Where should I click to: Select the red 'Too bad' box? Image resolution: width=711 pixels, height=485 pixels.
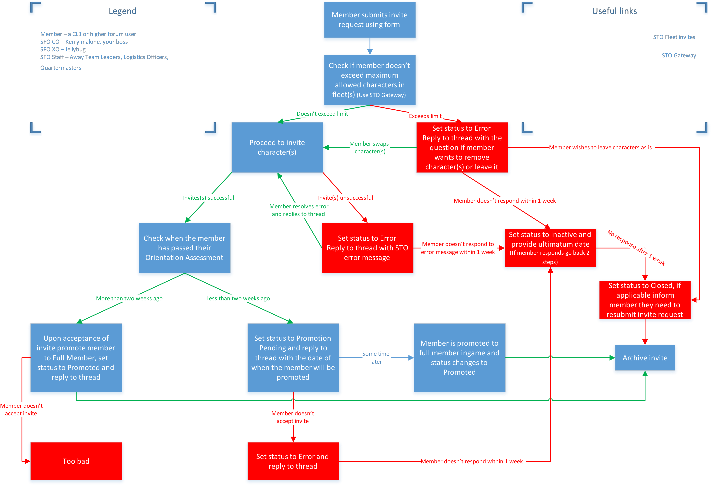pyautogui.click(x=76, y=461)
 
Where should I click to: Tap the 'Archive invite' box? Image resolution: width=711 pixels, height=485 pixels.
pyautogui.click(x=645, y=358)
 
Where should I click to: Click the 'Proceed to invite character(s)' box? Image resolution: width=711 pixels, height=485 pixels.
pyautogui.click(x=277, y=147)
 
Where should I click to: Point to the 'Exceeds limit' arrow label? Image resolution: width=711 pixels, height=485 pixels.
pyautogui.click(x=425, y=116)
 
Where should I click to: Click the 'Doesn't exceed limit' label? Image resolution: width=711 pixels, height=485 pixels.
pyautogui.click(x=322, y=114)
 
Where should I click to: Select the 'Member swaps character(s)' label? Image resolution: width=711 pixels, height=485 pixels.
pyautogui.click(x=369, y=147)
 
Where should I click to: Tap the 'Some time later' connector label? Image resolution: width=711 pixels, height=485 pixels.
pyautogui.click(x=376, y=358)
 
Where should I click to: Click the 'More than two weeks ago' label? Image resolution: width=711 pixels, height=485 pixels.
pyautogui.click(x=129, y=298)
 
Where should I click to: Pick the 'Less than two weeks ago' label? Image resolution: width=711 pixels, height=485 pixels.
pyautogui.click(x=238, y=298)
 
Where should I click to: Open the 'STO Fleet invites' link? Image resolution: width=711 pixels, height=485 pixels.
pyautogui.click(x=674, y=37)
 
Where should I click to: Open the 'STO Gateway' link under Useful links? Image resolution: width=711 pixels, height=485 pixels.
pyautogui.click(x=679, y=55)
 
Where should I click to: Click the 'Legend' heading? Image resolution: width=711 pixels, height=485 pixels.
pyautogui.click(x=122, y=11)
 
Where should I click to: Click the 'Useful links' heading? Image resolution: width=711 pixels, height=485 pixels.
pyautogui.click(x=614, y=11)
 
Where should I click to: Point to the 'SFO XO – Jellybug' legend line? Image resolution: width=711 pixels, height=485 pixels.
pyautogui.click(x=63, y=49)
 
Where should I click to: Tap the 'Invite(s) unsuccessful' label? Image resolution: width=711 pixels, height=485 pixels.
pyautogui.click(x=345, y=198)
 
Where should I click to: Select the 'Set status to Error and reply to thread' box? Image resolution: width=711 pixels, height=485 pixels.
pyautogui.click(x=293, y=461)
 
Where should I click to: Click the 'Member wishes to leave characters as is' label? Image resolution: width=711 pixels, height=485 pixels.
pyautogui.click(x=600, y=147)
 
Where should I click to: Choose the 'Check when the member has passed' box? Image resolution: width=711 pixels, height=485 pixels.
pyautogui.click(x=184, y=248)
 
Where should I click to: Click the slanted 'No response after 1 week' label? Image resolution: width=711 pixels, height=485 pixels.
pyautogui.click(x=636, y=248)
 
